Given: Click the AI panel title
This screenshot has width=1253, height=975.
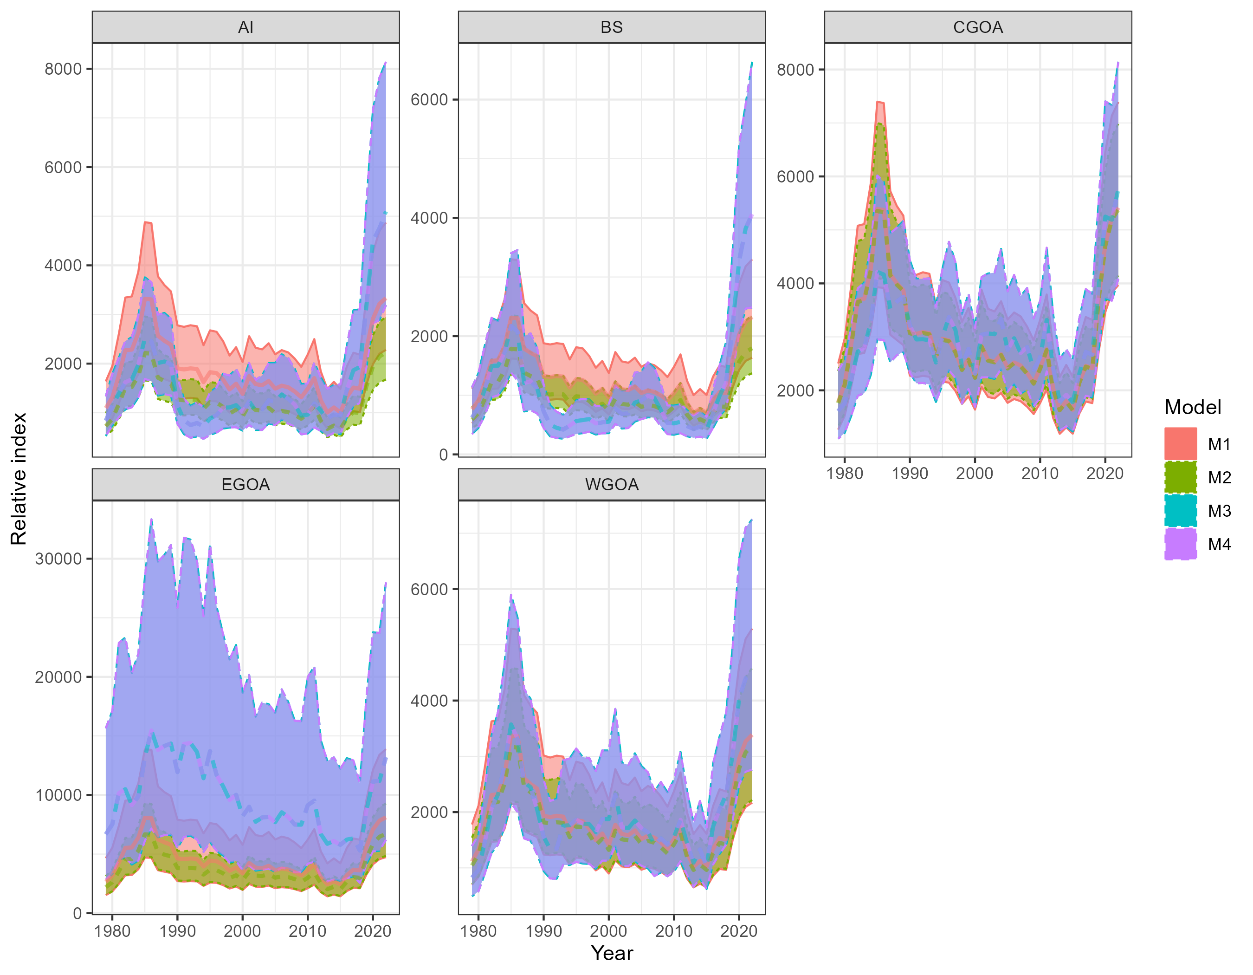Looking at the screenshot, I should (245, 27).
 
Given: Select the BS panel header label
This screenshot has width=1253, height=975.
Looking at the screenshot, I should (612, 27).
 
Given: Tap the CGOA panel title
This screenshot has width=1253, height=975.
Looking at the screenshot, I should (978, 27).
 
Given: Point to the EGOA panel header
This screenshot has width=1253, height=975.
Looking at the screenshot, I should (245, 484).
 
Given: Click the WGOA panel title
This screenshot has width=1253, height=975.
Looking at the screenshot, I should (612, 484).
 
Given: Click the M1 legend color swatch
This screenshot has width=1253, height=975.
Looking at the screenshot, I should (1181, 443).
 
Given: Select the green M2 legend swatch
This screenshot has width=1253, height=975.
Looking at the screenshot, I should (1181, 477).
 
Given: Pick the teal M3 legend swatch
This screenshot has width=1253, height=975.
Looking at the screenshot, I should (1181, 510).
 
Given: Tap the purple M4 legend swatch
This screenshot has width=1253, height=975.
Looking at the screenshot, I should (1181, 544).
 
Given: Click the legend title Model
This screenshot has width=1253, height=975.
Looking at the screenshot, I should (1193, 407).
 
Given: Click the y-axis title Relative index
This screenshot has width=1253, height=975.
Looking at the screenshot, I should (19, 479).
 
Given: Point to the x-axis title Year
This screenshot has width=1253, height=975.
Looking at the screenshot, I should (612, 953).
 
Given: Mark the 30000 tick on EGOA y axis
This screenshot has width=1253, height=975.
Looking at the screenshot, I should (58, 559).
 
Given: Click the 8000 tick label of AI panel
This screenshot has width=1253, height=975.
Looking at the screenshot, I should (63, 69).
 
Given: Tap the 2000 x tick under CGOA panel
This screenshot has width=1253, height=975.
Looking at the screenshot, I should (974, 474).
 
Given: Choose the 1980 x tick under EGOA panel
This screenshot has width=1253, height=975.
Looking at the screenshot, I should (112, 931).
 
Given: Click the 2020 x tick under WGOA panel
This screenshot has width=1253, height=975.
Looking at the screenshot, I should (738, 931).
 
